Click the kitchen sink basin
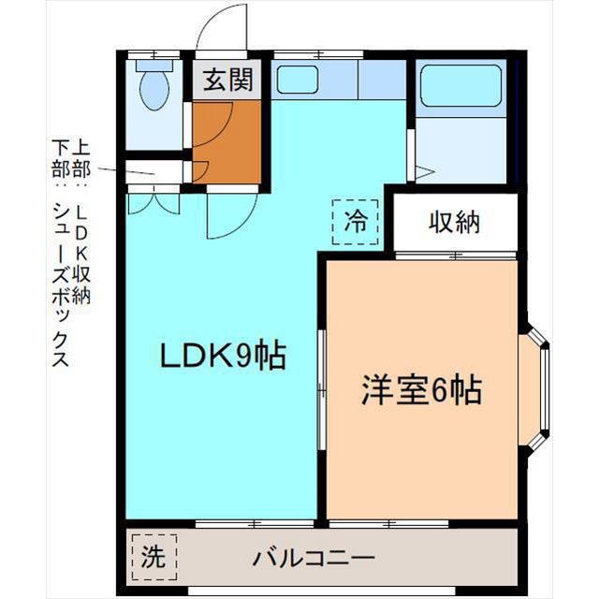coord(298,80)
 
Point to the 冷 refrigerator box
coord(356,222)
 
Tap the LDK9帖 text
coord(223,357)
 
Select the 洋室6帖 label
coord(421,389)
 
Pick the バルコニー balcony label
coord(314,559)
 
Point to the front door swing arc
coord(221,28)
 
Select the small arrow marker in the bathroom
coord(422,171)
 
